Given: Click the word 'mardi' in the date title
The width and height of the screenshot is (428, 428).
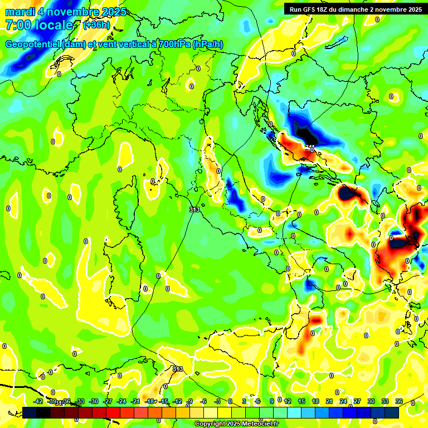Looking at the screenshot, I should click(x=20, y=12).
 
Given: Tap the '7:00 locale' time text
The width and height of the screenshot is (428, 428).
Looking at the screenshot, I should click(x=40, y=25).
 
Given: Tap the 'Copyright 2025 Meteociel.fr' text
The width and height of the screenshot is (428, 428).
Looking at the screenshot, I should click(x=236, y=424).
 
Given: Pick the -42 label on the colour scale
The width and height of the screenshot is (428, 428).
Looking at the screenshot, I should click(x=38, y=401).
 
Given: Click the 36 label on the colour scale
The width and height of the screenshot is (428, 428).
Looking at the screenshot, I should click(x=399, y=401).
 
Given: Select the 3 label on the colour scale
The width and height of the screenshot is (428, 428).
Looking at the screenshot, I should click(x=244, y=401).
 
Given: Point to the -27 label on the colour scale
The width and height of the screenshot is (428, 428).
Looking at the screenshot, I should click(x=108, y=401).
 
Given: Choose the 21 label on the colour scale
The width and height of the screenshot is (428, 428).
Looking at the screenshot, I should click(x=329, y=401).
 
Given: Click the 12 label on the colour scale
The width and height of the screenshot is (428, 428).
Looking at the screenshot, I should click(x=288, y=401).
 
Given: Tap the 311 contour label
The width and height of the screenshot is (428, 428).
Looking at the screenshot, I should click(x=310, y=147).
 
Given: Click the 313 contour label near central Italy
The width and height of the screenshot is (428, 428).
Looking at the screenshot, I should click(x=194, y=210).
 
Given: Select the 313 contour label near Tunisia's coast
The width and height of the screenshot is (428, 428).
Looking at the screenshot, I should click(x=177, y=369).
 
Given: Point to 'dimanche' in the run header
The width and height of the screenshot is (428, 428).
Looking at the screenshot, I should click(x=353, y=9).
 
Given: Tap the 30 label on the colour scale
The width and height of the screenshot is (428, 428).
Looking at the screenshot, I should click(x=371, y=401).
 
